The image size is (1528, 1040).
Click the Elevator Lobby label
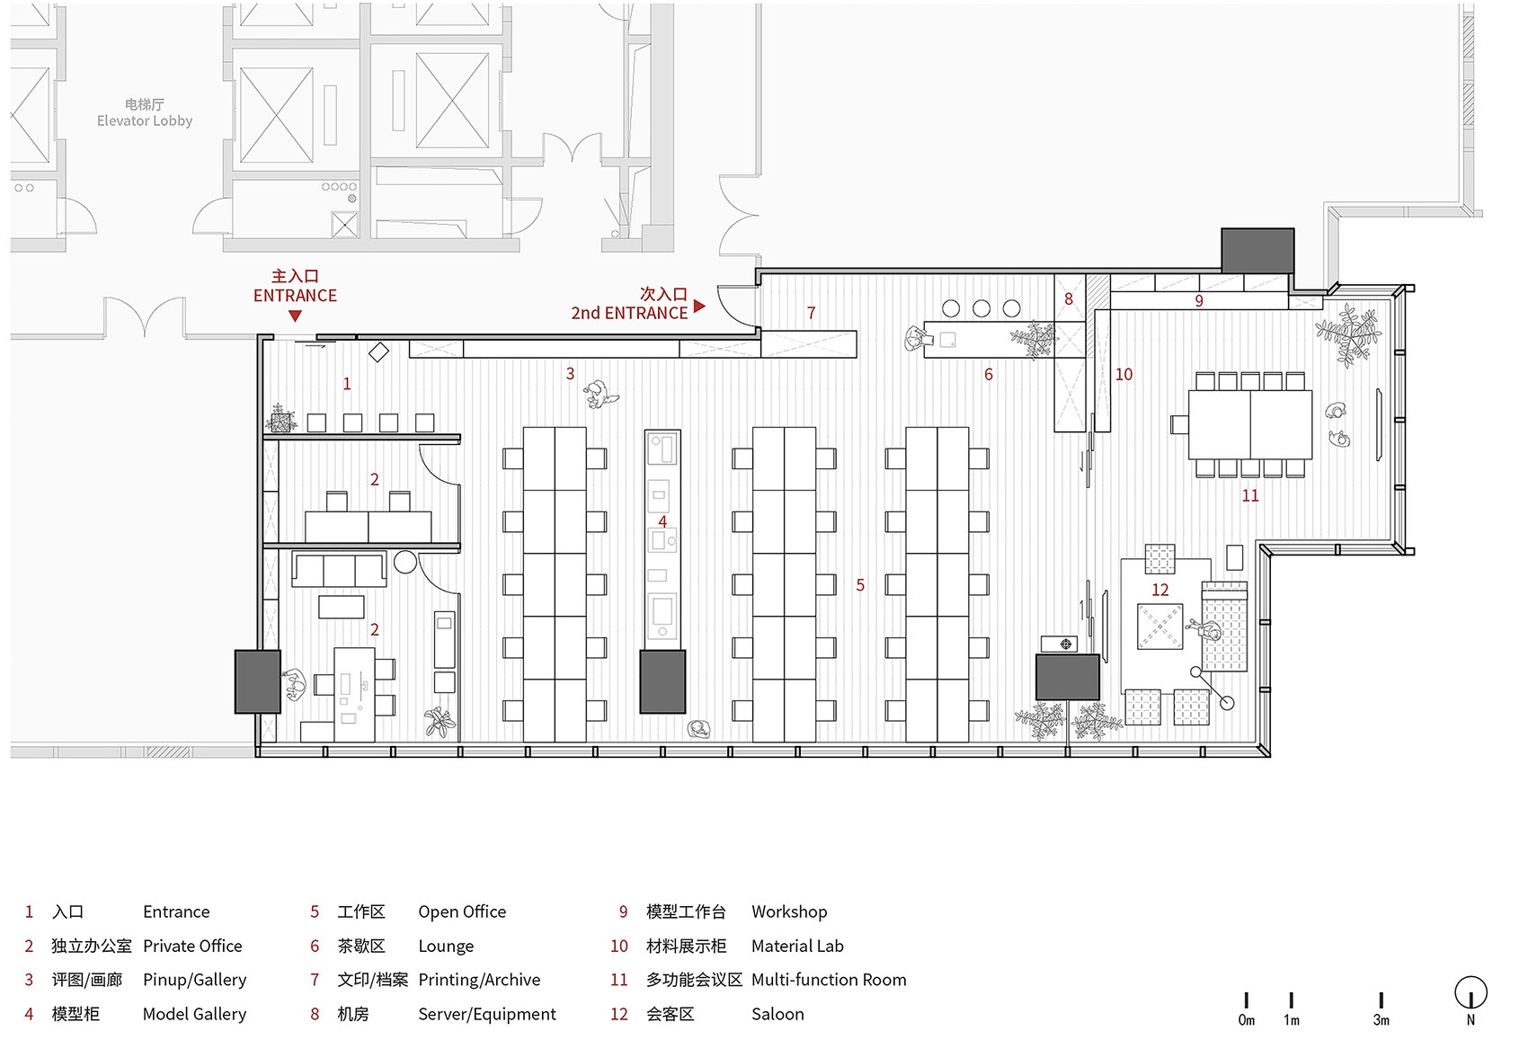145,121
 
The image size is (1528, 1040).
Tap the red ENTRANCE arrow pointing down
295,316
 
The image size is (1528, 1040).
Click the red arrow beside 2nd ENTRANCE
699,307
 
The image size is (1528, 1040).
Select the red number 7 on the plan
811,313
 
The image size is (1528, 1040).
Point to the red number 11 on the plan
1249,496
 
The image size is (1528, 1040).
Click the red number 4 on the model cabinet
662,521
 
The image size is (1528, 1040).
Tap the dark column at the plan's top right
1257,251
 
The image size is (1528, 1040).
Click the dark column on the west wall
258,681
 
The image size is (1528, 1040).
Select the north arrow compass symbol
1470,994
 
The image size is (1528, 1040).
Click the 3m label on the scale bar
1381,1020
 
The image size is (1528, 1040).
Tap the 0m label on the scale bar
1247,1020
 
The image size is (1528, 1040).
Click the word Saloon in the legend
777,1014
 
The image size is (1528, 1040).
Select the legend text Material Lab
797,946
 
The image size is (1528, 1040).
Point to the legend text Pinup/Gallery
194,980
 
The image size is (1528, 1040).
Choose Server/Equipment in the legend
487,1014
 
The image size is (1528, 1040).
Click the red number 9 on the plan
1198,301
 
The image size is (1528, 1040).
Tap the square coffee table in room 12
1159,627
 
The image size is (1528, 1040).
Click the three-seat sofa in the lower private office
339,570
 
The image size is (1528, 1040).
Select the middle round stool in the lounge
981,309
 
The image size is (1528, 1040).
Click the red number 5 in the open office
860,585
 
